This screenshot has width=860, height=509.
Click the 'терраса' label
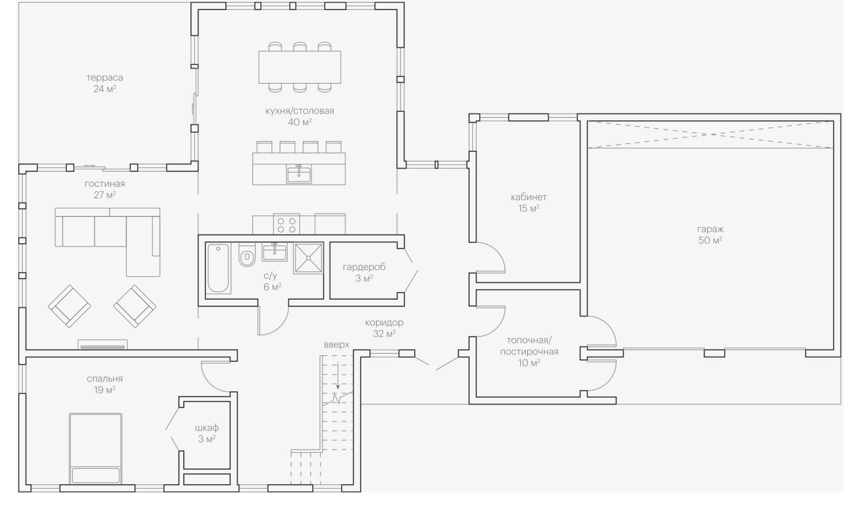coord(105,77)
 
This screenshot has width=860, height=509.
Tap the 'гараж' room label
coord(710,229)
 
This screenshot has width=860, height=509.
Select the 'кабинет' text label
coord(528,197)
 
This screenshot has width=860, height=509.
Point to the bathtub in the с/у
coord(218,268)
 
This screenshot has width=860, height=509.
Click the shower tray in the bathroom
coord(308,258)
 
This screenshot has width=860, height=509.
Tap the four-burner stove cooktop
coord(286,224)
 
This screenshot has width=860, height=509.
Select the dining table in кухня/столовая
coord(299,67)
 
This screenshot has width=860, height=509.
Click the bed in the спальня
coord(96,448)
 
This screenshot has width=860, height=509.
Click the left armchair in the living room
coord(69,306)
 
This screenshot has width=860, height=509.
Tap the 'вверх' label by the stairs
coord(336,345)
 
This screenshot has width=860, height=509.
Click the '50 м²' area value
coord(710,241)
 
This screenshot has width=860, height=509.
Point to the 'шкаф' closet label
coord(207,428)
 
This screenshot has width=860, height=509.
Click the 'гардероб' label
coord(364,267)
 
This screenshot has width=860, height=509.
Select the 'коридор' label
coord(384,323)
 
